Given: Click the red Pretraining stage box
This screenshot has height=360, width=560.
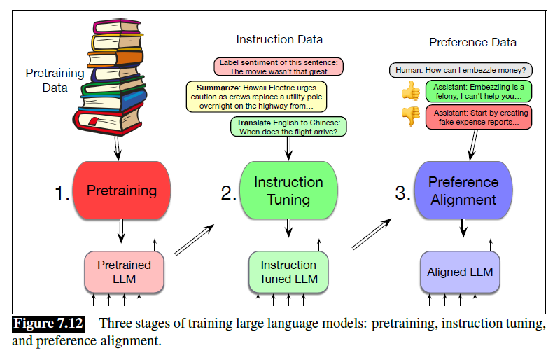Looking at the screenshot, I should click(x=122, y=191).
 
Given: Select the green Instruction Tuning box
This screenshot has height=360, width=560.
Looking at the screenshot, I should click(x=288, y=191).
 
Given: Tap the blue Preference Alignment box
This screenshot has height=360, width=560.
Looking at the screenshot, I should click(x=463, y=191).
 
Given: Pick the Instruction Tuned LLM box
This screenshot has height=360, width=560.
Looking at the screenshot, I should click(x=288, y=272).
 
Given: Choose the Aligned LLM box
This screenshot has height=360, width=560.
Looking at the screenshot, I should click(x=461, y=272).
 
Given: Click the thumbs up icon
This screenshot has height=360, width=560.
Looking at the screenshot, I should click(x=409, y=90).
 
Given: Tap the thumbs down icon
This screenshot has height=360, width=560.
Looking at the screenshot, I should click(x=409, y=115).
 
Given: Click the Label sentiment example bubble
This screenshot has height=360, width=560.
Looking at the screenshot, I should click(x=279, y=67).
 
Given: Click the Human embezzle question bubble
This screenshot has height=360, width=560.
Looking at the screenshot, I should click(x=461, y=70).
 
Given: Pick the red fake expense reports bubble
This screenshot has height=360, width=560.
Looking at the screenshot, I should click(x=478, y=116).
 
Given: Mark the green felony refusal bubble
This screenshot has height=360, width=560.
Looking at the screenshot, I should click(x=478, y=91).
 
